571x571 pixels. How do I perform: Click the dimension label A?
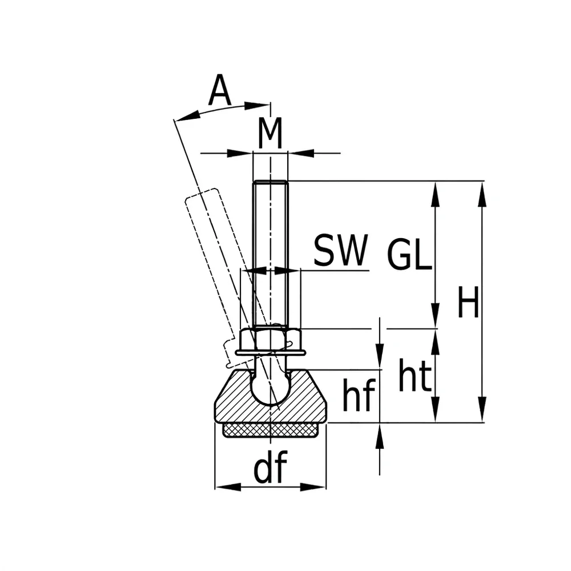220,90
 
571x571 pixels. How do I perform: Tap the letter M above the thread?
270,133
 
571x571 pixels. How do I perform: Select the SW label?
341,251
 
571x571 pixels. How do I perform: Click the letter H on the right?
468,302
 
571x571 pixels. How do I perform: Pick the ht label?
415,375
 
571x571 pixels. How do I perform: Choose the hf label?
359,395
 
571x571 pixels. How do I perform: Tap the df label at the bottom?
270,467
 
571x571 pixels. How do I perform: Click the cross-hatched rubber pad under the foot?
270,431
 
